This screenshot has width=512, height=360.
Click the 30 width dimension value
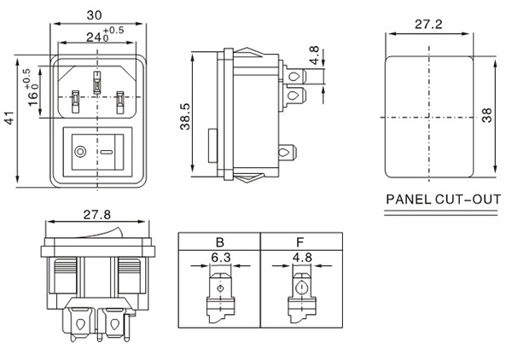(x=95, y=15)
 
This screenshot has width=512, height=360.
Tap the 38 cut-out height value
(x=488, y=115)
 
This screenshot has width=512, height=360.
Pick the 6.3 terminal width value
(x=220, y=254)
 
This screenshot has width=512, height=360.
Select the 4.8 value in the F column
(x=301, y=254)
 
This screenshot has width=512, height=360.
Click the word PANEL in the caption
(x=411, y=201)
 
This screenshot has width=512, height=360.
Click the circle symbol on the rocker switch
(x=80, y=154)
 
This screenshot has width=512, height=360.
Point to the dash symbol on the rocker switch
(x=108, y=154)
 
